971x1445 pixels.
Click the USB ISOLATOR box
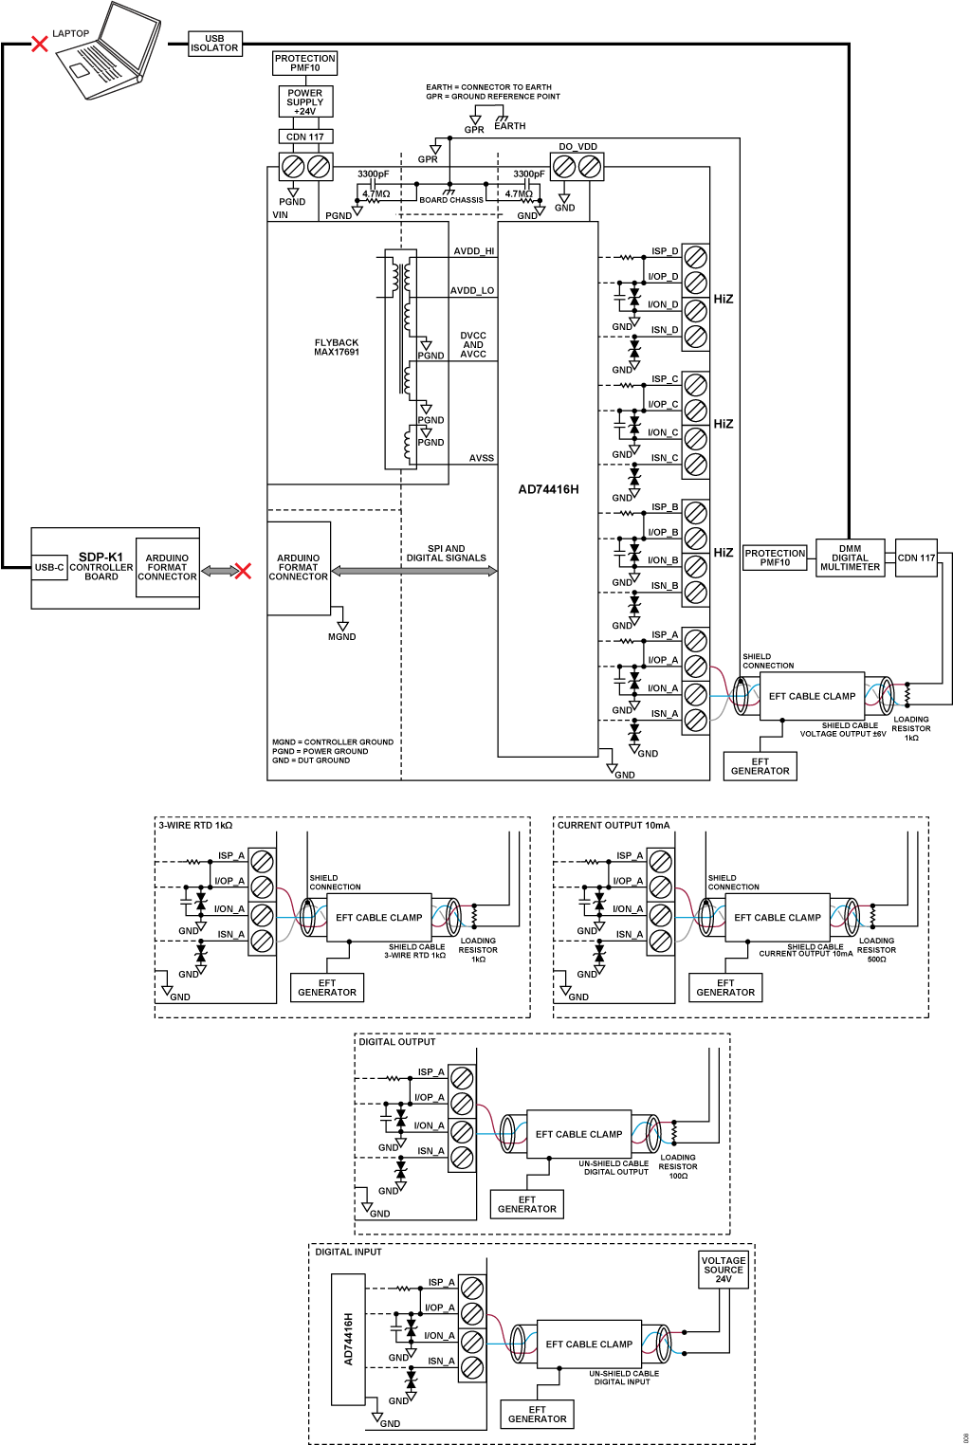click(x=215, y=44)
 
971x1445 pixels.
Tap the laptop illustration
click(x=108, y=50)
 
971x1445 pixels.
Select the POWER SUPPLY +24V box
click(x=305, y=101)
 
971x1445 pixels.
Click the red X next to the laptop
click(x=40, y=44)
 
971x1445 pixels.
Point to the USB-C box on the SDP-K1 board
click(x=49, y=567)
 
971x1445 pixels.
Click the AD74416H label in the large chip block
click(x=548, y=489)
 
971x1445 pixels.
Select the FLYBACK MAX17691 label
click(x=336, y=347)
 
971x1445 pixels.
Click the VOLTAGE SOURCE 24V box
click(x=724, y=1270)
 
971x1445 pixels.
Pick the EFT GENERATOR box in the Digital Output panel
click(x=526, y=1204)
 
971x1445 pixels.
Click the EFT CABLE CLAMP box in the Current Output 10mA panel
click(x=777, y=917)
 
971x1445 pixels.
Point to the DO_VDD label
click(x=577, y=146)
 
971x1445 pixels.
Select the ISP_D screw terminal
click(x=695, y=257)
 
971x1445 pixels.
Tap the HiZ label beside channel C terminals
click(x=723, y=424)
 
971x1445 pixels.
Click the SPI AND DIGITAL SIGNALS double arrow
click(x=413, y=570)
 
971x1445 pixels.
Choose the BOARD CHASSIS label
click(x=451, y=200)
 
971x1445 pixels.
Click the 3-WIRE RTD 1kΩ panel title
click(x=195, y=825)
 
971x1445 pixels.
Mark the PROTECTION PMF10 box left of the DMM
click(x=775, y=558)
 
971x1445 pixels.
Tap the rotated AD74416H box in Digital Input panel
click(x=348, y=1339)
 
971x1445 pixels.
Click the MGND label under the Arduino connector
click(x=341, y=637)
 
